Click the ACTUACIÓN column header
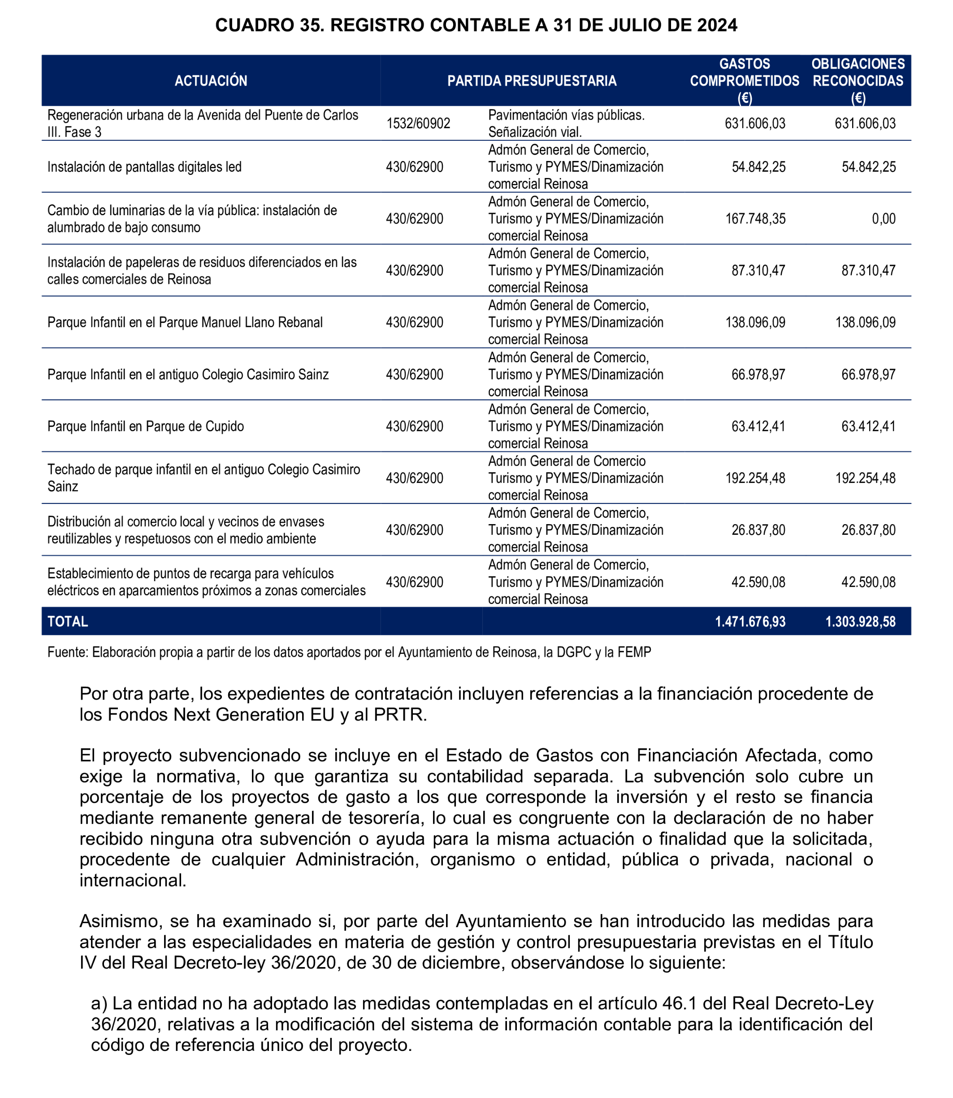(211, 81)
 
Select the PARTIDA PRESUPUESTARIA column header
(532, 81)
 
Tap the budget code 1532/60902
(418, 123)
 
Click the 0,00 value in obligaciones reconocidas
(884, 219)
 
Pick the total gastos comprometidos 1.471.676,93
(750, 621)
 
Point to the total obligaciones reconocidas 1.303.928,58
(860, 621)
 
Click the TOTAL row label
(68, 621)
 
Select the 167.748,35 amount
(755, 219)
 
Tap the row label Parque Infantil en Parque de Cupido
(146, 426)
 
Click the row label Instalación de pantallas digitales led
(145, 167)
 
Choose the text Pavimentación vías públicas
(566, 115)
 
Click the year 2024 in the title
(717, 25)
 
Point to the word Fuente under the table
(68, 652)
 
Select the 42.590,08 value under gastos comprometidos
(758, 582)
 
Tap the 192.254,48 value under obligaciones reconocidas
(865, 478)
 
